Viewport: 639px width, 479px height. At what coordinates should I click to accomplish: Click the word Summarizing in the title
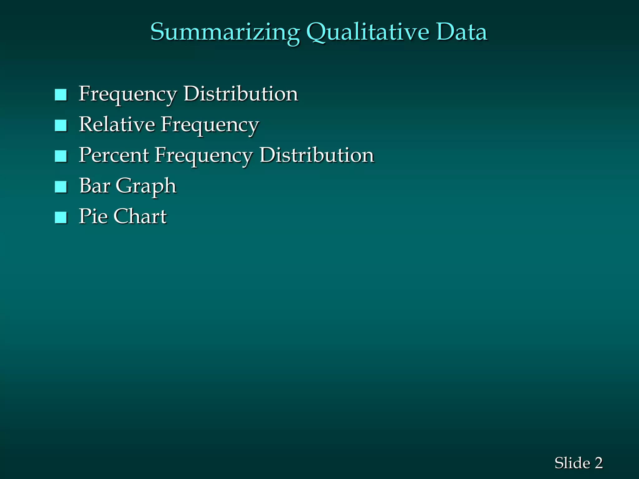(x=225, y=32)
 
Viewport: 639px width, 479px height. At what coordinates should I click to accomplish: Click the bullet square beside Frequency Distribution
(x=61, y=95)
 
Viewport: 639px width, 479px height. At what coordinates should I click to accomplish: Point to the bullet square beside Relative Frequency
(x=61, y=125)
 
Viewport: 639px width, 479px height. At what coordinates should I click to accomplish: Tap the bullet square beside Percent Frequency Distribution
(x=61, y=156)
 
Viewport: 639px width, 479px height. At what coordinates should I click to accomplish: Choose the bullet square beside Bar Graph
(x=61, y=187)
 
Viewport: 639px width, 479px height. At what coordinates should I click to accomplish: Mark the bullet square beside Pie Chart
(x=61, y=217)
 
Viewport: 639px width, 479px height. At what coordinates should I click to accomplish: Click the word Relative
(x=117, y=124)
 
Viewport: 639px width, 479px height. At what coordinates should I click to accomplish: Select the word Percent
(x=114, y=155)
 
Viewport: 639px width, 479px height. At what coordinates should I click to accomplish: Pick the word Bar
(x=94, y=186)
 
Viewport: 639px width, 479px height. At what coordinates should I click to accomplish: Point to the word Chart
(x=140, y=216)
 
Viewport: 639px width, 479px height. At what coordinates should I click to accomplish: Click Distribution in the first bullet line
(x=241, y=94)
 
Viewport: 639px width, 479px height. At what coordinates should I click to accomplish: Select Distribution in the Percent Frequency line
(x=317, y=155)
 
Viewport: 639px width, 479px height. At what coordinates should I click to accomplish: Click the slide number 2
(x=598, y=463)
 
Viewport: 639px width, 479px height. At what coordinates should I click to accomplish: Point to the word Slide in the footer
(x=572, y=463)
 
